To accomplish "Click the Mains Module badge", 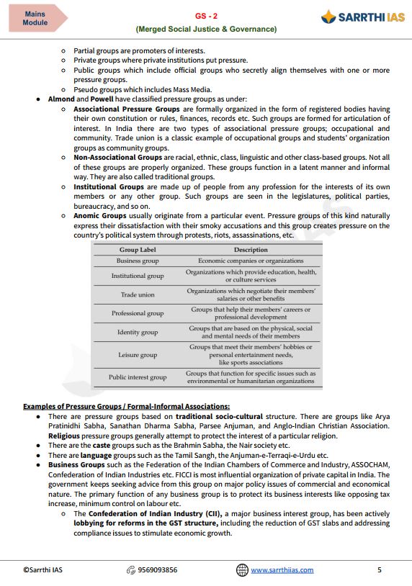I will click(x=35, y=18).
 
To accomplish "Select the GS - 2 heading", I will click(x=206, y=15).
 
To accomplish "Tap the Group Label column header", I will click(x=137, y=250).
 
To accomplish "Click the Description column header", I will click(x=251, y=250).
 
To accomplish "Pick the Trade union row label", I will click(x=137, y=294).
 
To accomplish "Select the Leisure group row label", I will click(x=137, y=355).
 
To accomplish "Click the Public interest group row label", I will click(x=137, y=377).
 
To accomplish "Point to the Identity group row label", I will click(x=137, y=333).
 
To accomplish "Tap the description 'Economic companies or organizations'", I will click(x=251, y=261).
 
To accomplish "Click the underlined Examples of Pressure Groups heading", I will click(x=126, y=406).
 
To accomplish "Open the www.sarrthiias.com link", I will click(x=282, y=570).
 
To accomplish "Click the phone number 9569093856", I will click(x=157, y=570).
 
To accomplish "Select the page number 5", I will click(x=380, y=570).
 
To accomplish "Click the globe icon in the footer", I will click(x=242, y=570).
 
